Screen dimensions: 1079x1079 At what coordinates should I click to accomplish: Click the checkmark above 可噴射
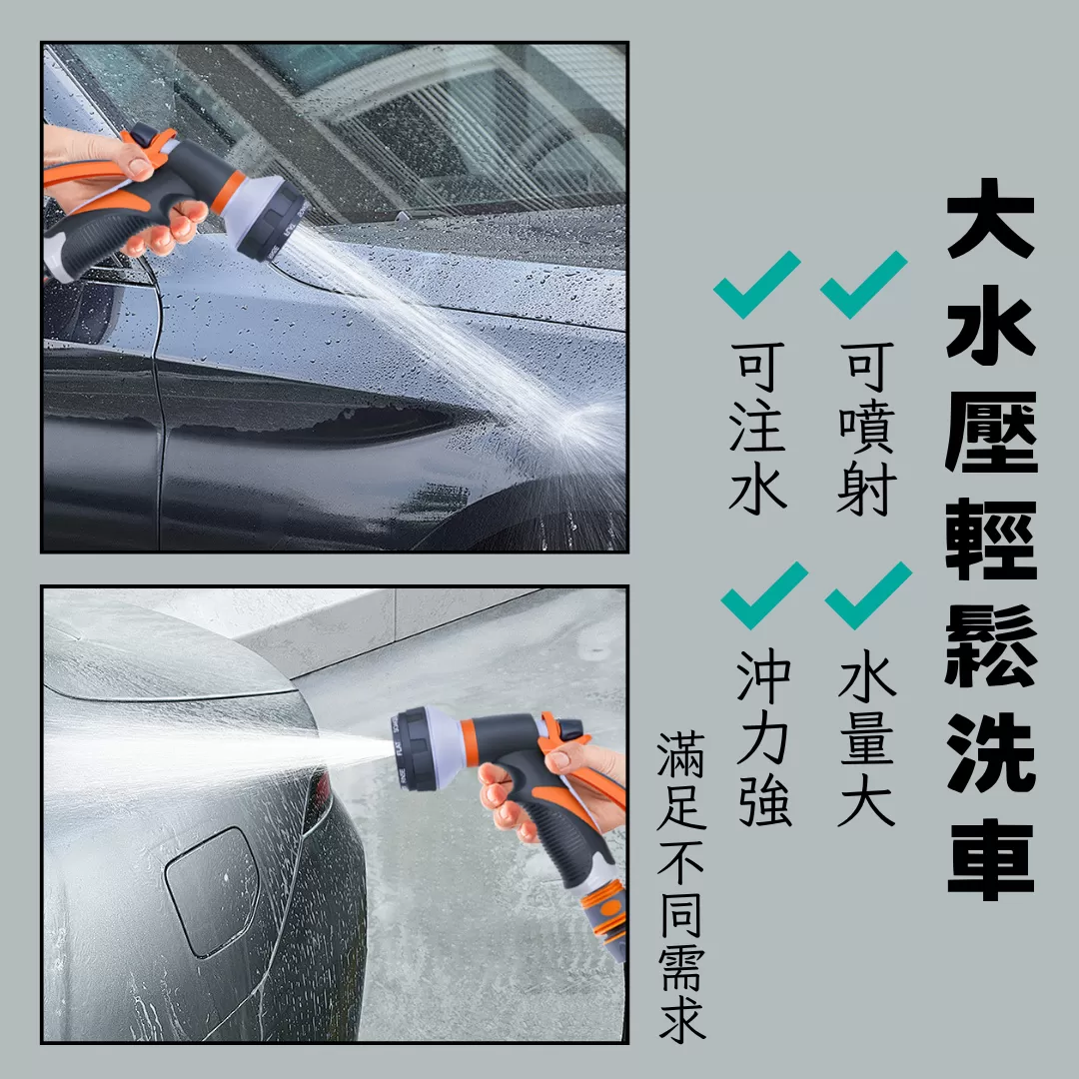pyautogui.click(x=863, y=284)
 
